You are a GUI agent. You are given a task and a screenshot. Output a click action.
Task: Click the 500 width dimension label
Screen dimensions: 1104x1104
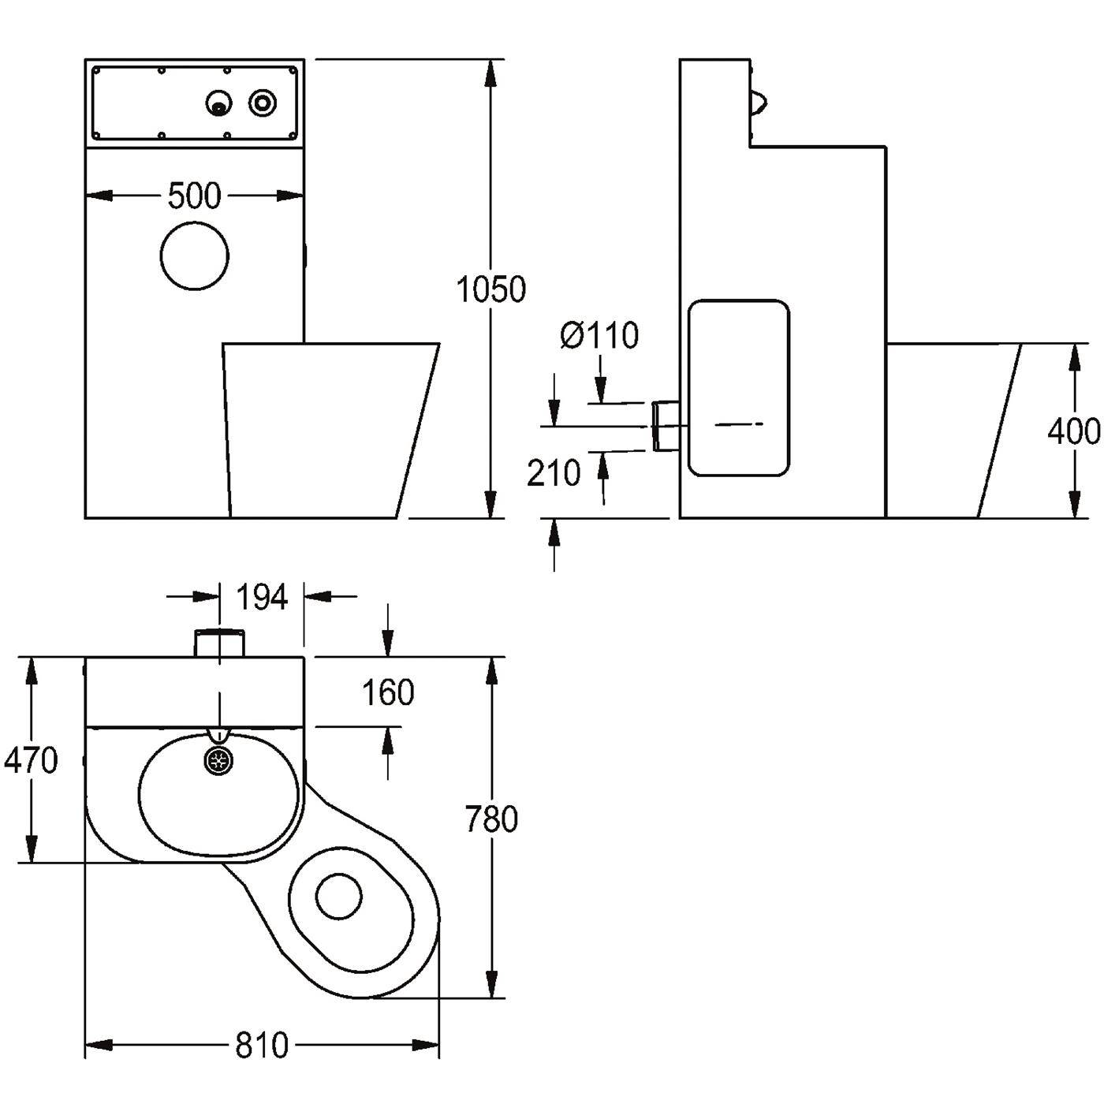click(194, 196)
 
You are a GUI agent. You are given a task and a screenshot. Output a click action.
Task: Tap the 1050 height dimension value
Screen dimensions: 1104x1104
click(491, 289)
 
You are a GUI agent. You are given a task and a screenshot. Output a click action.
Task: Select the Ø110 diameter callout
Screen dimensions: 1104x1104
click(599, 335)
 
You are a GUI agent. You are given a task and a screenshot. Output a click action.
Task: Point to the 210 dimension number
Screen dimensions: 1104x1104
click(554, 473)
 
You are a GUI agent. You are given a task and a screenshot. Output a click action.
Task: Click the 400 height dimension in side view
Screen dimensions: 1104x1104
click(1074, 431)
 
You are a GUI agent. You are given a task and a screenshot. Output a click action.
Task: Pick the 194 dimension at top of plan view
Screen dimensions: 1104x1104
click(262, 598)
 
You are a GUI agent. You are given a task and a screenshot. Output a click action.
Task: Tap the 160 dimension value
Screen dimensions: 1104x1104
click(388, 692)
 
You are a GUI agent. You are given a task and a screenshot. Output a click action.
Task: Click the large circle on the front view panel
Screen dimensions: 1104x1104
click(195, 255)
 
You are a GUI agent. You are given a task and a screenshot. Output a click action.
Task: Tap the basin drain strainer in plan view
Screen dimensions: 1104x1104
click(219, 760)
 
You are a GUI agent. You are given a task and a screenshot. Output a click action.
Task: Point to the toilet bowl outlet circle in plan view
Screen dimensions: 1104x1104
click(338, 897)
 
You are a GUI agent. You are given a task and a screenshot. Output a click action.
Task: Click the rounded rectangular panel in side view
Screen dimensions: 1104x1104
click(738, 388)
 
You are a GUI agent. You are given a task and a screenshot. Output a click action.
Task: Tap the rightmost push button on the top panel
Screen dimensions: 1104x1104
click(263, 103)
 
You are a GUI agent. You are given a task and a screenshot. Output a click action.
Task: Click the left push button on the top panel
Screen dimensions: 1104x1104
click(219, 103)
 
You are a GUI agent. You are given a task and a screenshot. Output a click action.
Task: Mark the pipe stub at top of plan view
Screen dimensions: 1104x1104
click(220, 643)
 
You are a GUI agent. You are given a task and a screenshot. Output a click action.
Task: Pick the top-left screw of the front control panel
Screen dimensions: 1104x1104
click(97, 72)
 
